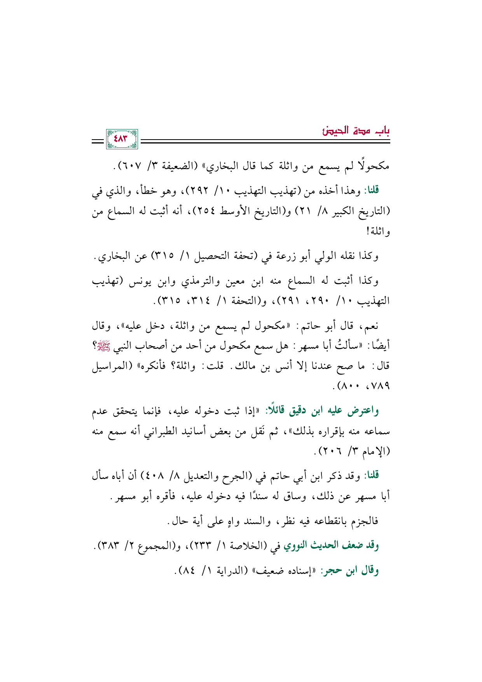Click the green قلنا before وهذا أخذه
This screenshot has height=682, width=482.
coord(371,191)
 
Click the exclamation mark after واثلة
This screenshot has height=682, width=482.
coord(367,233)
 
